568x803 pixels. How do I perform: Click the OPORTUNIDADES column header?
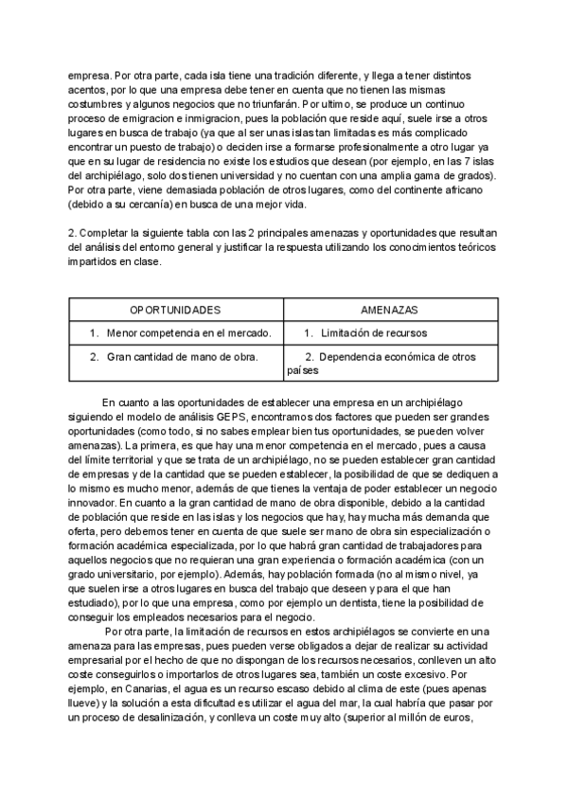coord(175,310)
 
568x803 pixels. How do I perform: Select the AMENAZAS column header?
coord(389,310)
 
